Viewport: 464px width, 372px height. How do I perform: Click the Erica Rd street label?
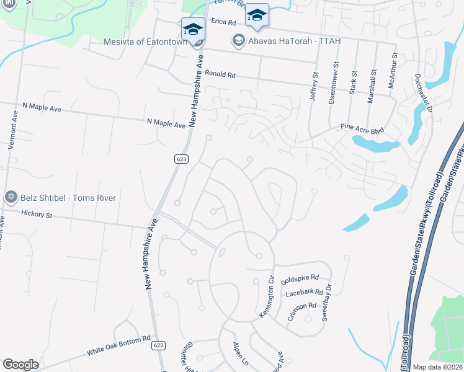(x=224, y=22)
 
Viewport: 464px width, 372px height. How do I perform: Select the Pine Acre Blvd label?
(x=363, y=128)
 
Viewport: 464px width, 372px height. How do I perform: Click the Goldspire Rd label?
(x=300, y=278)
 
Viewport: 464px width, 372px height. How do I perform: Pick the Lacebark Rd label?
(x=305, y=291)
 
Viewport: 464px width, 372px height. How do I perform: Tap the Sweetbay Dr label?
(x=328, y=302)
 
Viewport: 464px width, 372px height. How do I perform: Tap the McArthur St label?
(x=393, y=74)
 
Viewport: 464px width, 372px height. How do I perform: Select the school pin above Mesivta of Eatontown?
(x=193, y=29)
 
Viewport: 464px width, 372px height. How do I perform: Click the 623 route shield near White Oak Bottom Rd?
(x=159, y=345)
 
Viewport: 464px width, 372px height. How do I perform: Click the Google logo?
(x=20, y=365)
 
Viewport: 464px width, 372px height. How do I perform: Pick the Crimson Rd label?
(x=302, y=312)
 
